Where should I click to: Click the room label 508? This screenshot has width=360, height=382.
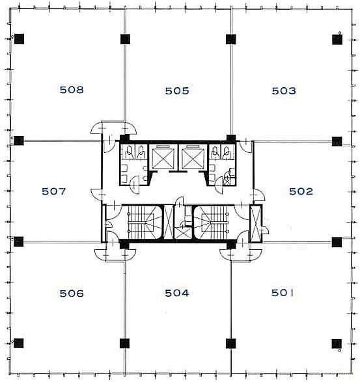pos(72,90)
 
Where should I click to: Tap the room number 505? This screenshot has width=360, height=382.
pos(177,91)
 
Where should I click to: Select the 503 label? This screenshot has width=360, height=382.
pos(284,91)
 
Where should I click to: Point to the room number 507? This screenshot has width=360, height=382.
pos(53,191)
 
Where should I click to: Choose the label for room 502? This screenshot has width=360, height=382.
pos(301,191)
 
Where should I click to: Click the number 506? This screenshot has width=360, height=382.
pos(72,293)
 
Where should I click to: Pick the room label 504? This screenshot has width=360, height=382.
pos(176,293)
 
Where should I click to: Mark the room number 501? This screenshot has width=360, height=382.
pos(283,293)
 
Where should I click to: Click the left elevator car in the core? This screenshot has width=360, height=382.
pos(163,158)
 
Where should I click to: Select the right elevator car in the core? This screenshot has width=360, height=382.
pos(193,158)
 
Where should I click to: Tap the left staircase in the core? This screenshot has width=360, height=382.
pos(142,223)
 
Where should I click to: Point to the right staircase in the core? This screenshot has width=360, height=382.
pos(212,223)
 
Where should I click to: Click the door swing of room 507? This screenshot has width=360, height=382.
pos(96,194)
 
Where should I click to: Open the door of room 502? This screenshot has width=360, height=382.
pos(259,195)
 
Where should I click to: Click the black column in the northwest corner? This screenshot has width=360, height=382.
pos(20,39)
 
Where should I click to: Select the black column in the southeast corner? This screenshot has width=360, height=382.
pos(337,344)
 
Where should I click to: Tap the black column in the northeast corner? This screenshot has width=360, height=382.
pos(337,40)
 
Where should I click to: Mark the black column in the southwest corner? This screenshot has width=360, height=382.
pos(18,343)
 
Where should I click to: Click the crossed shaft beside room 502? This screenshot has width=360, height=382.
pos(256,223)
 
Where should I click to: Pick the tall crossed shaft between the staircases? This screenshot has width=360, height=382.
pos(169,223)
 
